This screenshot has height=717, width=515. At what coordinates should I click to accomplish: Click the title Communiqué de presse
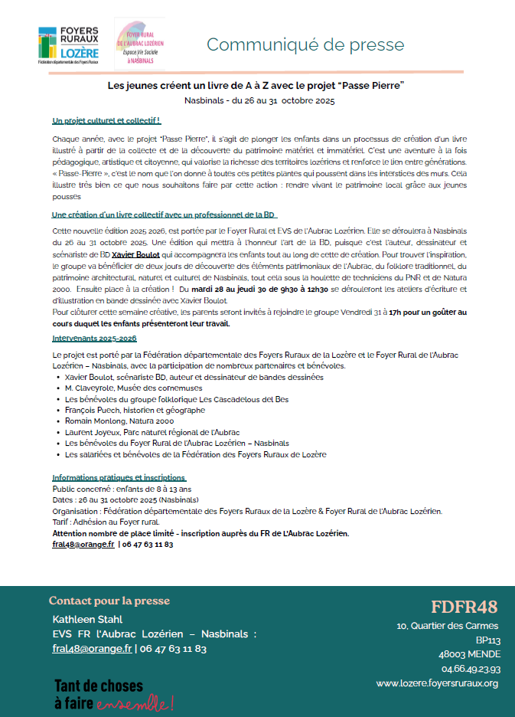pos(305,44)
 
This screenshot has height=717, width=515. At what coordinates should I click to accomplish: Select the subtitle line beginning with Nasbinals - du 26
pos(259,100)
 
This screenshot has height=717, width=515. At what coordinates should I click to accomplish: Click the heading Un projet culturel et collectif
pos(106,121)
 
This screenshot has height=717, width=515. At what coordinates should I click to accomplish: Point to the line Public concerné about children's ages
pos(122,489)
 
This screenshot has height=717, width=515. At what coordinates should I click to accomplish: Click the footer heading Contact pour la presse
pos(109,601)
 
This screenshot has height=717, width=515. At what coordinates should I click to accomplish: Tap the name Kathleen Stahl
pos(87,619)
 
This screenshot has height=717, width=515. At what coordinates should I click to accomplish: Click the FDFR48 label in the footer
pos(464,607)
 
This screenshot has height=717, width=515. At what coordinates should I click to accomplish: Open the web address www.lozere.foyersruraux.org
pos(437,683)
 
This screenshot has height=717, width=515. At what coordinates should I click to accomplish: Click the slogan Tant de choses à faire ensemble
pos(113,693)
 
